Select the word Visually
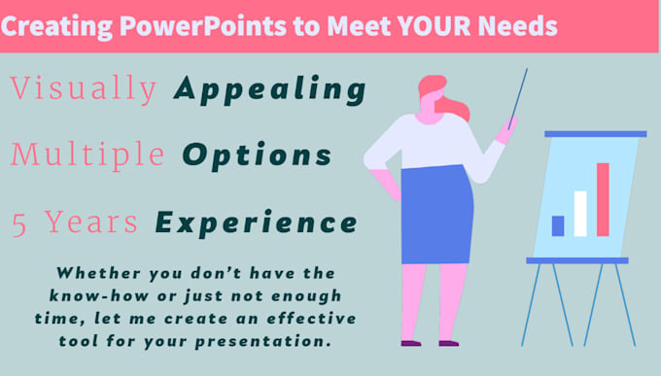(x=84, y=90)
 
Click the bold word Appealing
(x=270, y=91)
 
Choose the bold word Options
(x=257, y=155)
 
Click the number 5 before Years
(x=19, y=223)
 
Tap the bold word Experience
(x=257, y=223)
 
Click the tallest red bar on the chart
(x=603, y=199)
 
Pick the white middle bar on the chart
(x=580, y=214)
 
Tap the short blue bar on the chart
(x=558, y=225)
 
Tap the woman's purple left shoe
(x=411, y=343)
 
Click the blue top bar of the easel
(x=595, y=133)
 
